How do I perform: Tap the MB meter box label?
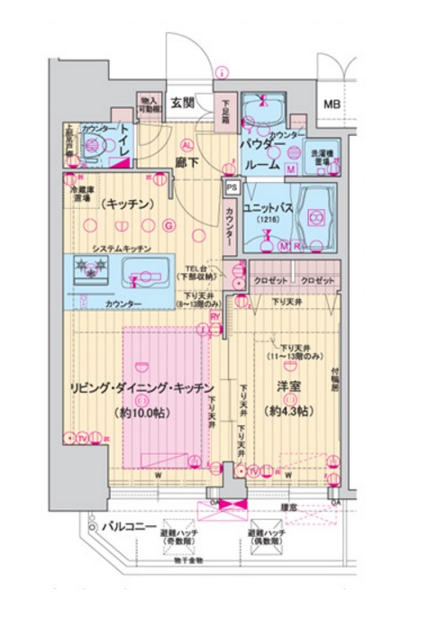pyautogui.click(x=332, y=102)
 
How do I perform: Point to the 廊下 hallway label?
pyautogui.click(x=187, y=163)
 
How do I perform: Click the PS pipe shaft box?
pyautogui.click(x=231, y=188)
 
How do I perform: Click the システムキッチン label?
pyautogui.click(x=120, y=248)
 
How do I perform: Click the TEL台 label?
pyautogui.click(x=201, y=271)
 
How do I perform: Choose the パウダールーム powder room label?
pyautogui.click(x=262, y=155)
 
